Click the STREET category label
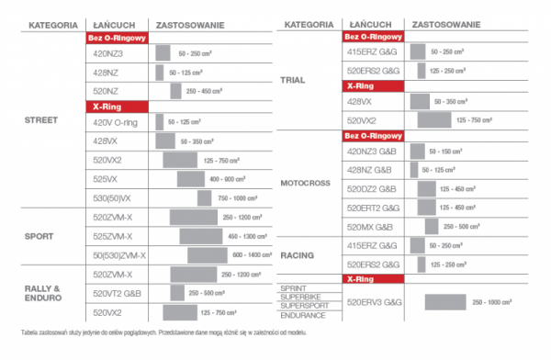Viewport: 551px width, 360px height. pyautogui.click(x=41, y=120)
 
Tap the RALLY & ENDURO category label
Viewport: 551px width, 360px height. pyautogui.click(x=43, y=293)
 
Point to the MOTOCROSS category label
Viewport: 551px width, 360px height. pyautogui.click(x=305, y=184)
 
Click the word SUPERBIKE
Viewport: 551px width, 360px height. pyautogui.click(x=303, y=297)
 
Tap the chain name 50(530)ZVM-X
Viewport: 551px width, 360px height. pyautogui.click(x=120, y=255)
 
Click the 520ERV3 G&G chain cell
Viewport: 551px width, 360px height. pyautogui.click(x=374, y=301)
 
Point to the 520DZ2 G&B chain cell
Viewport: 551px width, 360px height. pyautogui.click(x=374, y=188)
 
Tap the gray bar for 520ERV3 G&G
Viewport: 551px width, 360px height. pyautogui.click(x=444, y=301)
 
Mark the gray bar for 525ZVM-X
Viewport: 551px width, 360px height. pyautogui.click(x=194, y=236)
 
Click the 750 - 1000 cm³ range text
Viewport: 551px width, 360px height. pyautogui.click(x=237, y=198)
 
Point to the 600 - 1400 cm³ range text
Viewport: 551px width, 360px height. pyautogui.click(x=253, y=255)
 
